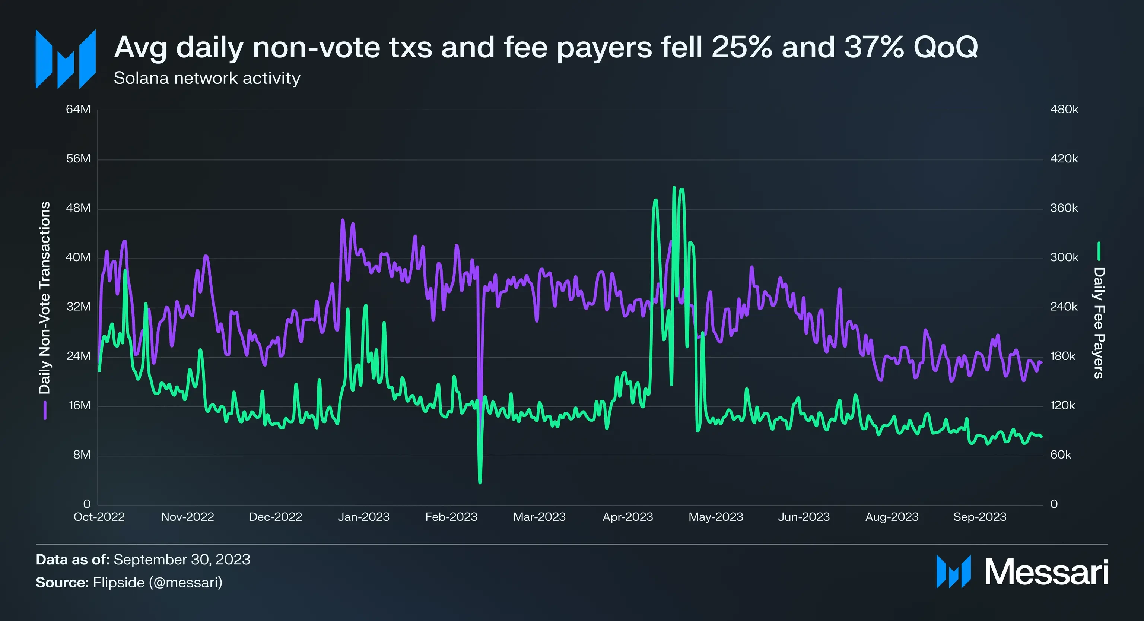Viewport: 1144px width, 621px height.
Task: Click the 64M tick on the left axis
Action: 78,109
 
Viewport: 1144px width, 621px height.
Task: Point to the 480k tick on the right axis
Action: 1064,109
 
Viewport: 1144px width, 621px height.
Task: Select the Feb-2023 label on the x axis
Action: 451,517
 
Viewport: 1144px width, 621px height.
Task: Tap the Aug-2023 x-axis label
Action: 892,517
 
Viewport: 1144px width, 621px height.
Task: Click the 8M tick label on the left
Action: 82,455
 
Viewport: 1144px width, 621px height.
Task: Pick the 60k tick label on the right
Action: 1061,455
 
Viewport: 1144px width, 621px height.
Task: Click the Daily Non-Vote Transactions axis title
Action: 45,298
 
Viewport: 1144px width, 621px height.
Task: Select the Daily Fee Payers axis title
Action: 1099,323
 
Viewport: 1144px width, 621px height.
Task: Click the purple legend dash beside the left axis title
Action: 45,410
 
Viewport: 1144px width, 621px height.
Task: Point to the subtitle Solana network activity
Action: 207,78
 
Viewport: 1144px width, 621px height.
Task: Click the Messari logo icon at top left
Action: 66,59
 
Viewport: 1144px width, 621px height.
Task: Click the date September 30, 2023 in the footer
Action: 182,560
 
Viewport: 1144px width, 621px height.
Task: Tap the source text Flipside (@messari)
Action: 158,582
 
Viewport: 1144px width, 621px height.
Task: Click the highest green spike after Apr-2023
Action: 674,188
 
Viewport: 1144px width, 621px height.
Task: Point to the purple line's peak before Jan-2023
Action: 342,220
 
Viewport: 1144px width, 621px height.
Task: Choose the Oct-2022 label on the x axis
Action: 99,517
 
